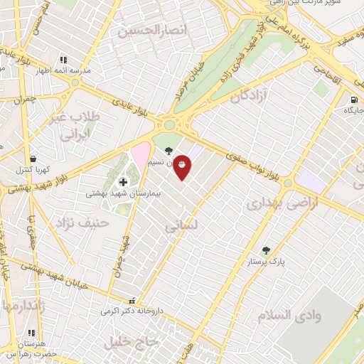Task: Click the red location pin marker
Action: pyautogui.click(x=183, y=166)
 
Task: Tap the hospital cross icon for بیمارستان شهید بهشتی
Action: pyautogui.click(x=123, y=182)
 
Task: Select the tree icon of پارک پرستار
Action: pyautogui.click(x=266, y=250)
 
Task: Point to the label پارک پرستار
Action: pyautogui.click(x=266, y=262)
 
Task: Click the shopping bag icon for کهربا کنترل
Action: pyautogui.click(x=32, y=159)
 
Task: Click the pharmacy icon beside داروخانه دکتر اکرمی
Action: pyautogui.click(x=131, y=300)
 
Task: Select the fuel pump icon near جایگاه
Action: pyautogui.click(x=353, y=100)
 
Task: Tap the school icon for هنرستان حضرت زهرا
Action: pyautogui.click(x=31, y=332)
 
